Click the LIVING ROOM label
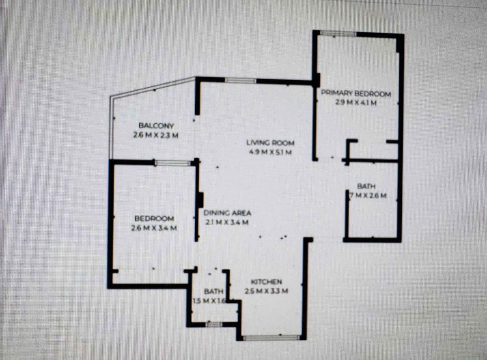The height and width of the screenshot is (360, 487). point(270,143)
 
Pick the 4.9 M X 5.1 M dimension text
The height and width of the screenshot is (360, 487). point(270,152)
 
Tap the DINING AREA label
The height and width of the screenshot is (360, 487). point(227,213)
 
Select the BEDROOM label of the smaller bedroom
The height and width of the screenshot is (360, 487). point(154,219)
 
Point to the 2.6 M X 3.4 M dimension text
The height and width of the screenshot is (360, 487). point(154,228)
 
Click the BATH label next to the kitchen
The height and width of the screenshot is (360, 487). point(213,291)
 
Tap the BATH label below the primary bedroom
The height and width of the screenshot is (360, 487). point(366,186)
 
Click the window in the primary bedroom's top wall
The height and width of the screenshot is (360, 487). point(338,34)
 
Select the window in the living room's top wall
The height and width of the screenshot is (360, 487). point(241,80)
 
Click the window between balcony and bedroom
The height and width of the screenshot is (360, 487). point(173,163)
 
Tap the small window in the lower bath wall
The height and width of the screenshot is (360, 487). point(213,324)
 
